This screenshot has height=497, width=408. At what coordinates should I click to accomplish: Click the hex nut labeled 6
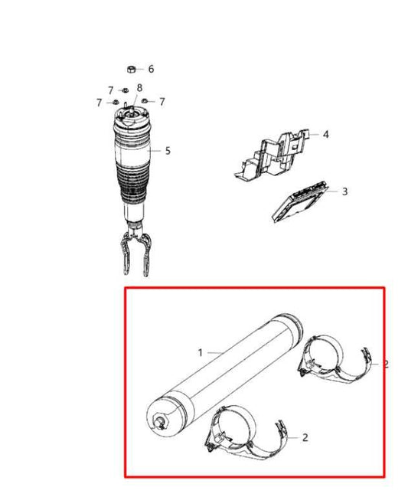(x=132, y=69)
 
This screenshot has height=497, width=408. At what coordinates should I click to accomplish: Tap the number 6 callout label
(x=151, y=69)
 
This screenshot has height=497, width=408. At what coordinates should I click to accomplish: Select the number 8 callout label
(x=139, y=88)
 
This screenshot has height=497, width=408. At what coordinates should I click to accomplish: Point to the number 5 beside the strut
(x=168, y=151)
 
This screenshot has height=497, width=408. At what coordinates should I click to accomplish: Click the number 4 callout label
(x=325, y=134)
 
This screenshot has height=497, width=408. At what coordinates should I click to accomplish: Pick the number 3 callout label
(x=344, y=191)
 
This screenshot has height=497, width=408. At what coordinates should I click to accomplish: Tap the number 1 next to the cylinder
(x=201, y=352)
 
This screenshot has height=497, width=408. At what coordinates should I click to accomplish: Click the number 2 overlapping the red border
(x=386, y=365)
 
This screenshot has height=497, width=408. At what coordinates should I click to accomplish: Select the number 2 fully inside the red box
(x=305, y=437)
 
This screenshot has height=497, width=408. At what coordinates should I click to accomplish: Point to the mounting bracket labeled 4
(x=273, y=154)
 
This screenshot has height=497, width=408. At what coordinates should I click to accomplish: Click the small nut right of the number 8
(x=145, y=101)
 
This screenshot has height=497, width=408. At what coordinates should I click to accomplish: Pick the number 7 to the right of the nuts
(x=162, y=102)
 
